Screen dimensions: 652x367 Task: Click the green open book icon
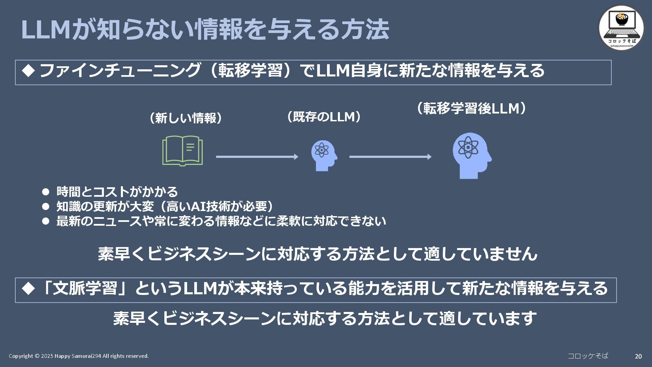click(x=182, y=151)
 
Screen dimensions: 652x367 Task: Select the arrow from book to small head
click(x=257, y=157)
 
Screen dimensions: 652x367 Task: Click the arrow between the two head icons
click(x=390, y=157)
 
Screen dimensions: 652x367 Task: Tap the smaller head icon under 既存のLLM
click(x=324, y=155)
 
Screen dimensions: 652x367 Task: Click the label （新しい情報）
click(x=186, y=118)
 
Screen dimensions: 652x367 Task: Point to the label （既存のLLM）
click(x=324, y=117)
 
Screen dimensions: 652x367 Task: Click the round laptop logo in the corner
click(x=621, y=28)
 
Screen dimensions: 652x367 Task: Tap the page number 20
click(x=638, y=356)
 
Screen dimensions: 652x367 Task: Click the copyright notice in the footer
click(x=79, y=356)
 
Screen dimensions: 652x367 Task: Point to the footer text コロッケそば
click(x=588, y=356)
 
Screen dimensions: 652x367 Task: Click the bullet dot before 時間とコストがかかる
click(x=46, y=192)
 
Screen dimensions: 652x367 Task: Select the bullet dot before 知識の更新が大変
click(x=46, y=207)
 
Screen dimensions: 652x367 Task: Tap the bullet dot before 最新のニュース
click(x=46, y=221)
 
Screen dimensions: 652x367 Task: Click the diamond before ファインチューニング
click(x=29, y=70)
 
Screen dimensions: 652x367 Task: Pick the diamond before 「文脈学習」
click(x=29, y=289)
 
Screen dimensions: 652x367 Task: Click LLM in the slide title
click(x=46, y=30)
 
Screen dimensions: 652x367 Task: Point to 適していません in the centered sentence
click(x=480, y=254)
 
